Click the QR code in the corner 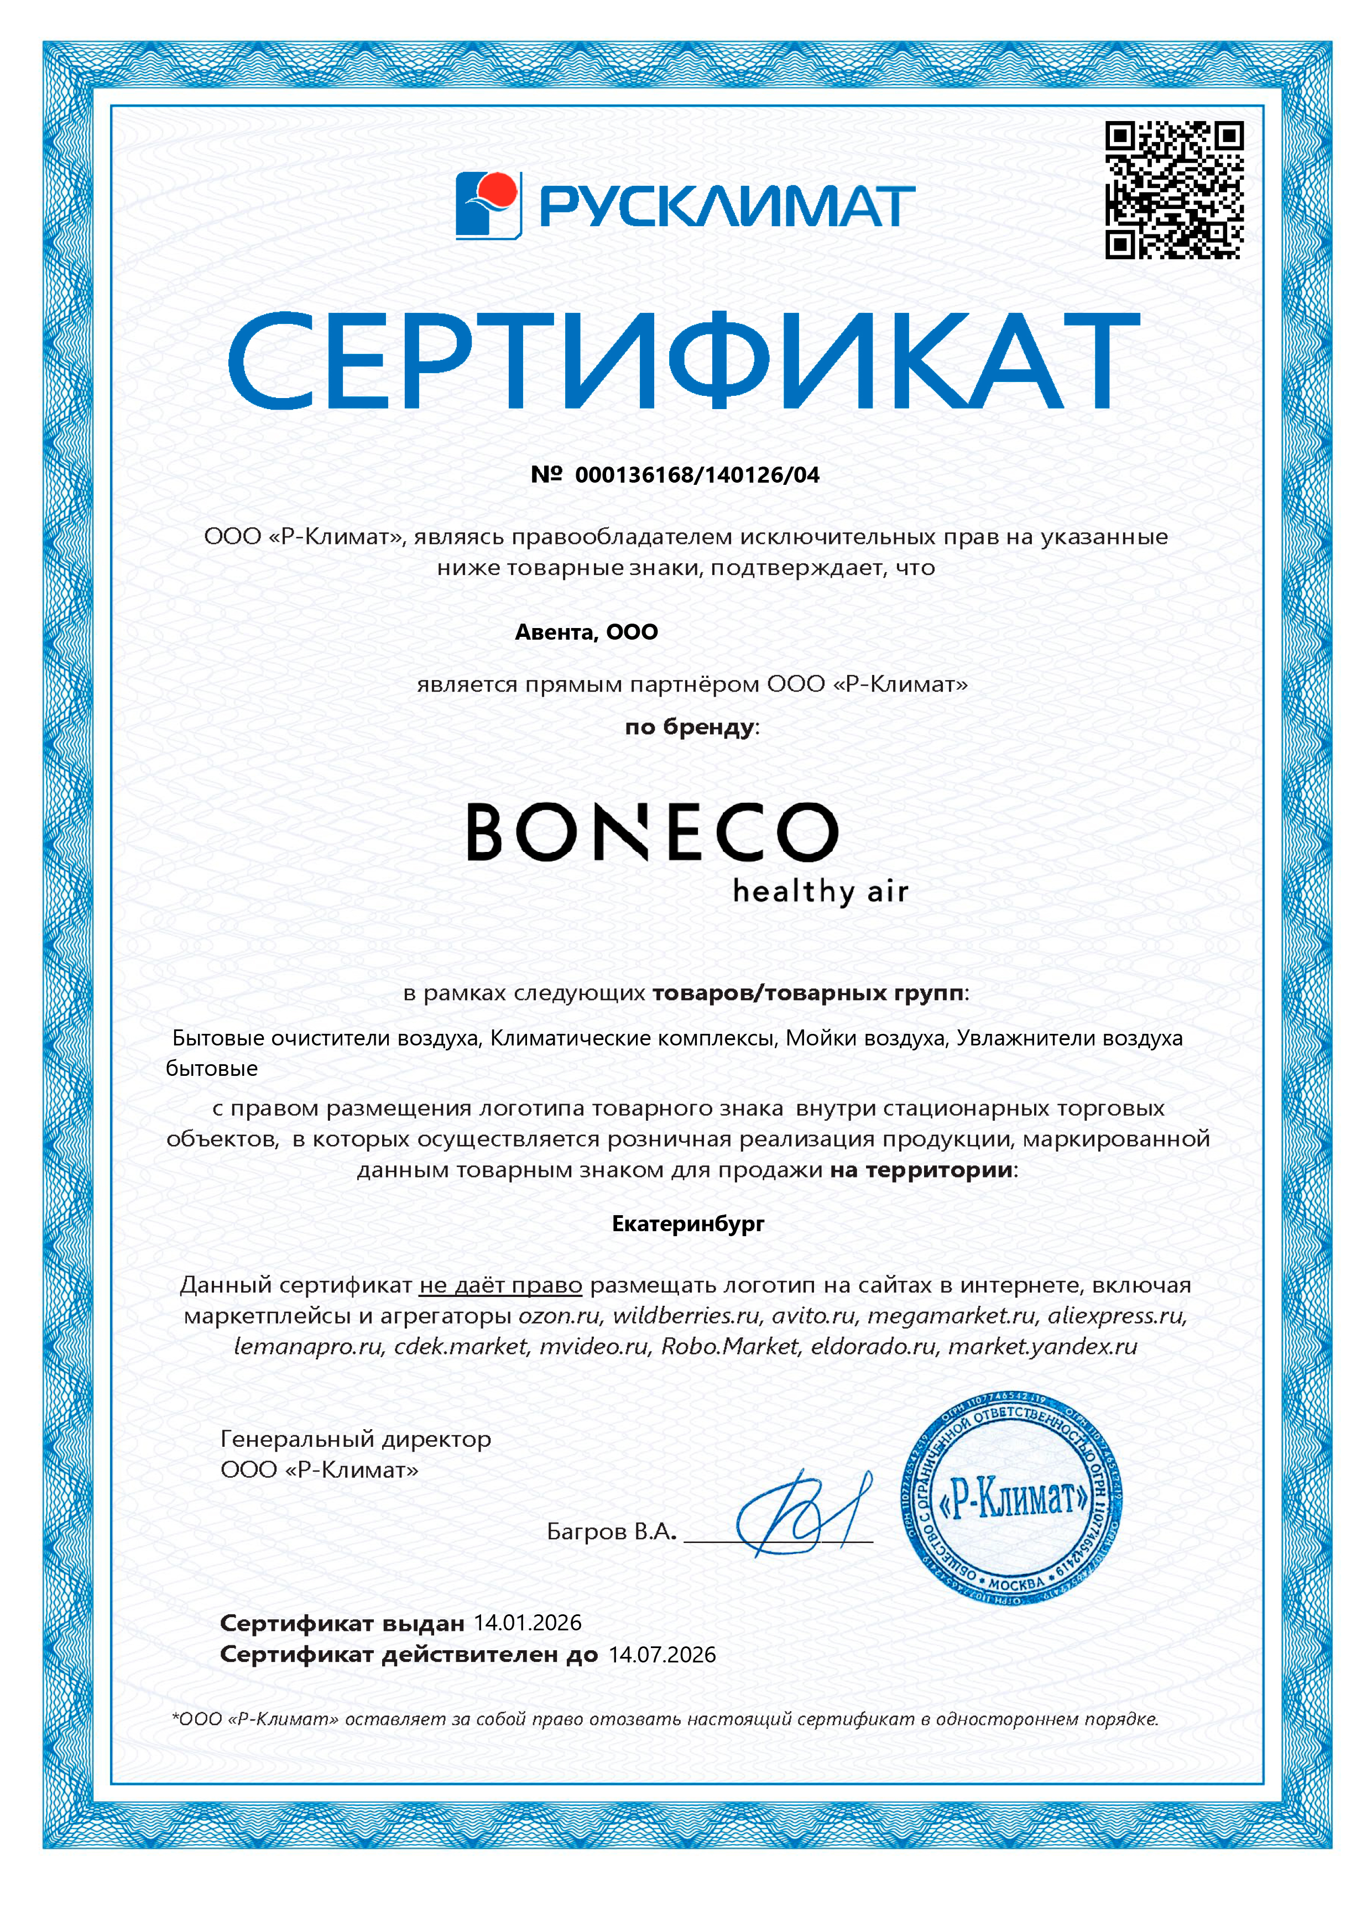tap(1173, 190)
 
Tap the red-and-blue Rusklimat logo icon tap(488, 205)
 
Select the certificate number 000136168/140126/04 tap(697, 475)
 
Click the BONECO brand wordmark tap(653, 831)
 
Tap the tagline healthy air tap(820, 891)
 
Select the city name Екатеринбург tap(688, 1224)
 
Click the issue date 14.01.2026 tap(528, 1623)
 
